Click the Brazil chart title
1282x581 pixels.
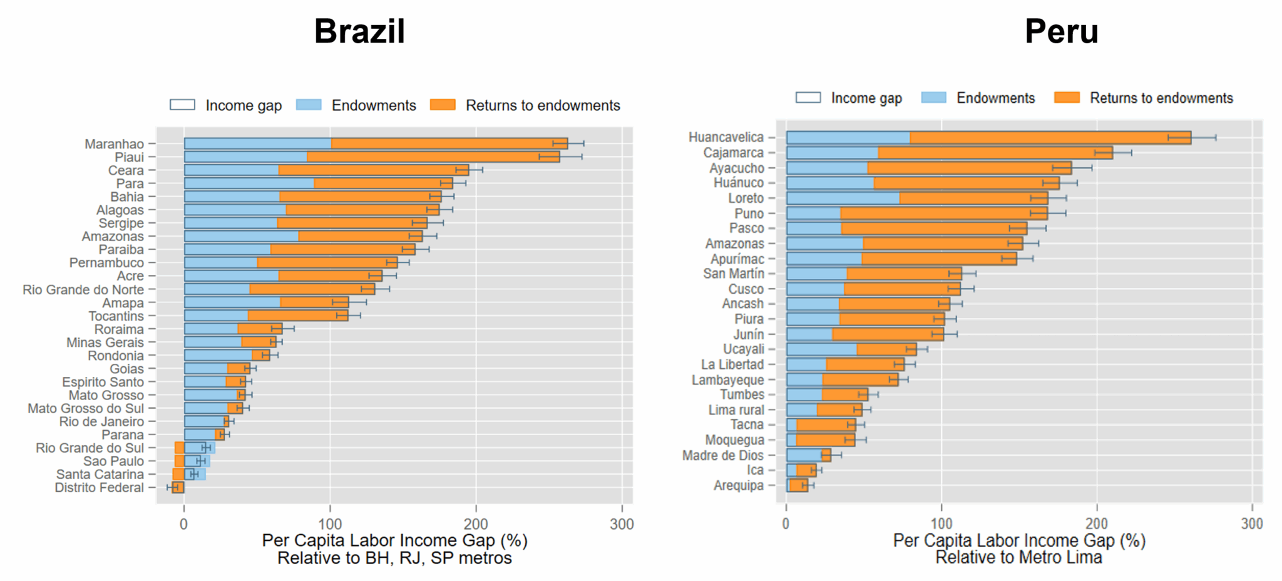(x=359, y=31)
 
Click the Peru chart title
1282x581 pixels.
(x=1061, y=31)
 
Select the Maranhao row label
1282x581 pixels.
(x=114, y=144)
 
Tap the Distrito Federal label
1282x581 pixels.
(x=99, y=488)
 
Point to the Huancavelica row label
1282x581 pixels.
(x=726, y=137)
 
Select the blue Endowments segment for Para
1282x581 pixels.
(x=249, y=183)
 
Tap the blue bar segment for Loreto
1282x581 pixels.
(x=842, y=198)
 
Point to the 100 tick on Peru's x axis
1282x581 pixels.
(x=941, y=524)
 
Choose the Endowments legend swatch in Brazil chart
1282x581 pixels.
(x=309, y=105)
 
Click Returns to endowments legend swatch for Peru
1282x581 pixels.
(x=1067, y=98)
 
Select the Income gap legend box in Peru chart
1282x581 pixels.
(x=808, y=98)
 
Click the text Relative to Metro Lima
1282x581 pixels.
(x=1018, y=557)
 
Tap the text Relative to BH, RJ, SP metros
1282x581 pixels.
(x=394, y=558)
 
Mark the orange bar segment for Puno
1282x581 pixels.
(x=943, y=213)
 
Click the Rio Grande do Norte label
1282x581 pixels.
(x=83, y=290)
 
